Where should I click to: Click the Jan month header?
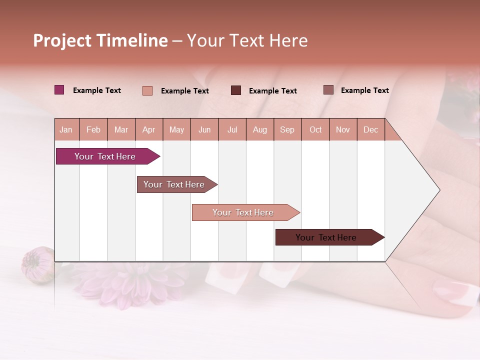click(x=66, y=129)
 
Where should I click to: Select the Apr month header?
click(x=148, y=129)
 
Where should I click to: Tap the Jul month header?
click(x=232, y=129)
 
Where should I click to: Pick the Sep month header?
click(x=287, y=129)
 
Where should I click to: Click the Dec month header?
click(x=370, y=129)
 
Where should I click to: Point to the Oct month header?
click(x=315, y=129)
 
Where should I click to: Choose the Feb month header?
click(x=93, y=129)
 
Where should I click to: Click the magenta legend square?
click(x=59, y=90)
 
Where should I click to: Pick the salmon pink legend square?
click(x=147, y=90)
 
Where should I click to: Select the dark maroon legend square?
click(x=235, y=90)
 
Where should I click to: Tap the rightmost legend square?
click(x=328, y=90)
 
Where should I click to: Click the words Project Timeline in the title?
click(x=100, y=40)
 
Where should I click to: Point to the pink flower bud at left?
click(x=36, y=265)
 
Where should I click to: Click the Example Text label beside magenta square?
click(x=97, y=90)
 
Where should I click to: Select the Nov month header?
click(x=343, y=129)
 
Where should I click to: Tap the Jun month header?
click(x=204, y=129)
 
